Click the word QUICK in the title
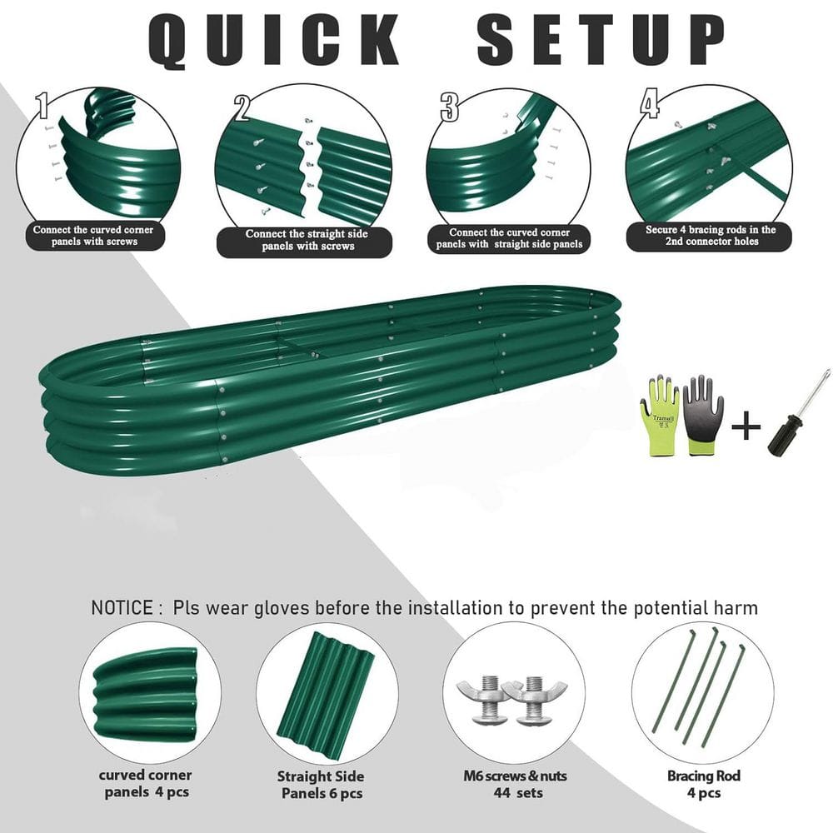click(274, 40)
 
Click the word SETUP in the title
click(601, 39)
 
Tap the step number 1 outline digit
click(42, 105)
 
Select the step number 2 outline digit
click(242, 107)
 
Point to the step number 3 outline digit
click(449, 107)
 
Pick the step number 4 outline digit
click(651, 103)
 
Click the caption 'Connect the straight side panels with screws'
click(306, 240)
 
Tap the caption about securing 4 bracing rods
click(711, 236)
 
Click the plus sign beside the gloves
click(746, 426)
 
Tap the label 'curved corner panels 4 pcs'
click(145, 784)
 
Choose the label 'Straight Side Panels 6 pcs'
click(321, 785)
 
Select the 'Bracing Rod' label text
click(704, 776)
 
